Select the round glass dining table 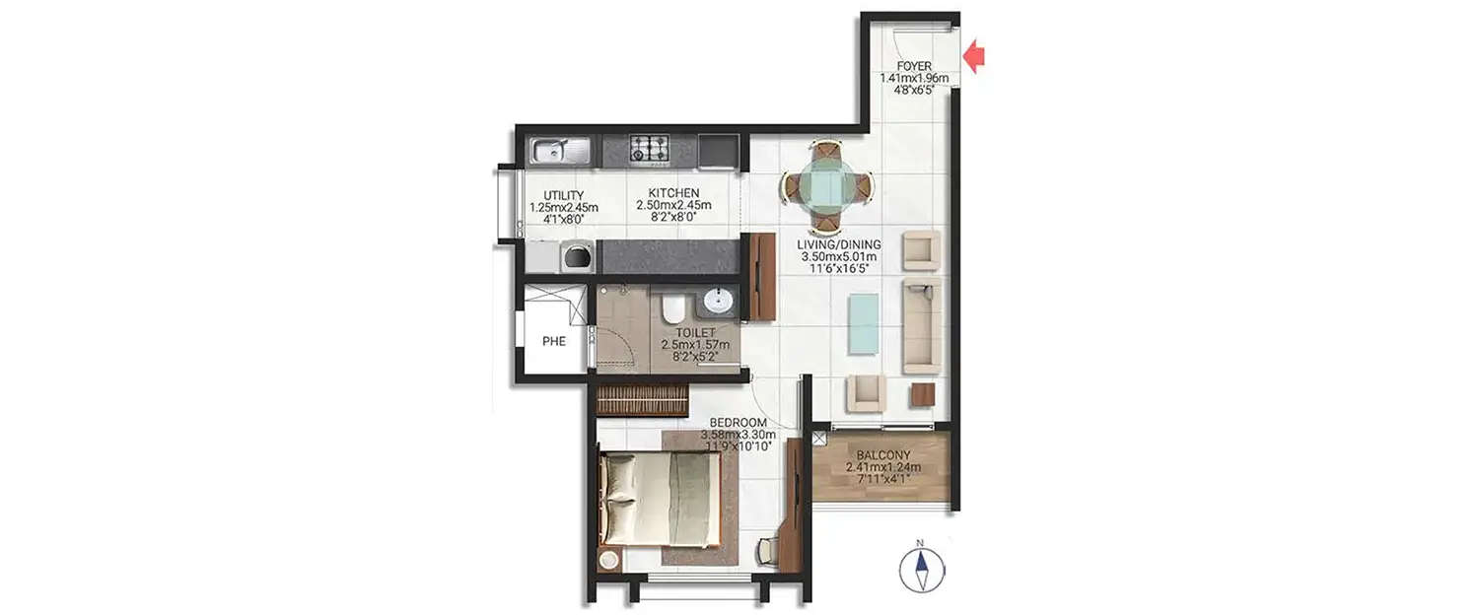point(826,184)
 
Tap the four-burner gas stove point(650,150)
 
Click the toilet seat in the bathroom point(673,309)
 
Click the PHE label point(554,342)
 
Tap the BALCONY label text point(883,455)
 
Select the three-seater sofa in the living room point(921,324)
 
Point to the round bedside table point(609,560)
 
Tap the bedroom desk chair point(768,552)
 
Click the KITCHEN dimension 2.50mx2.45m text point(673,205)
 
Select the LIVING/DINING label point(841,244)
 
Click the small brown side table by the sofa point(922,394)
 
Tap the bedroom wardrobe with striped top point(642,399)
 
